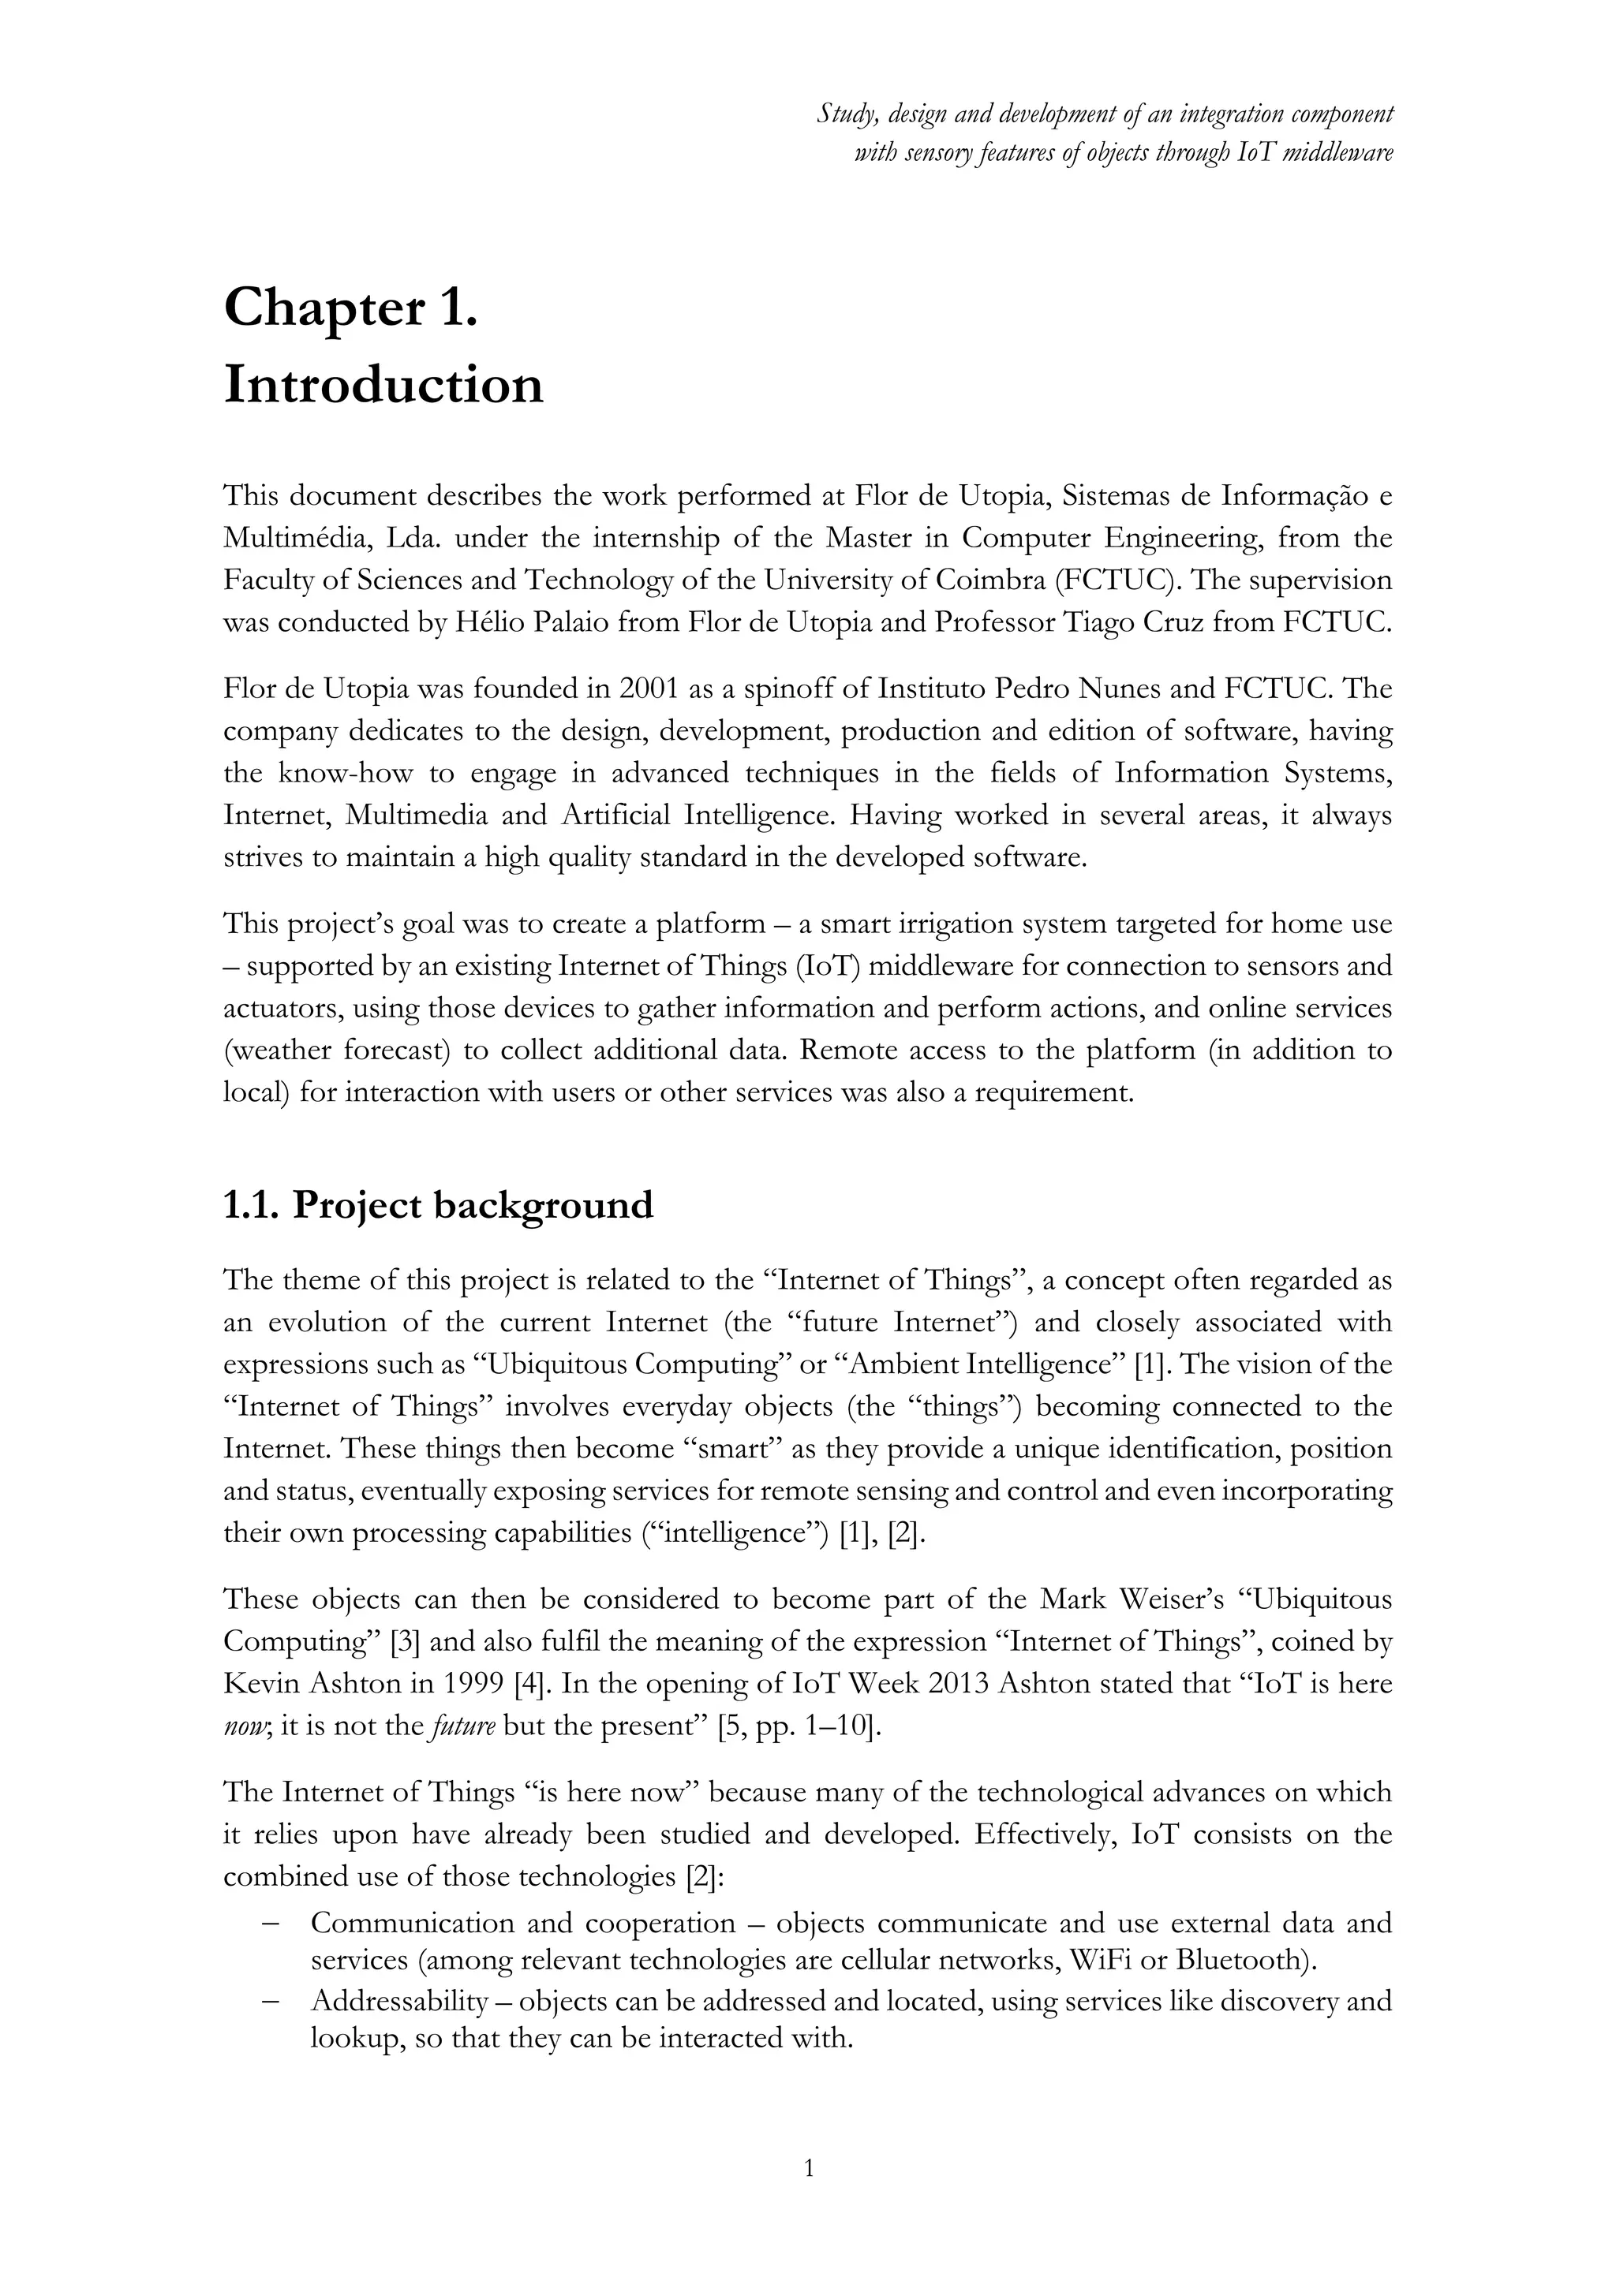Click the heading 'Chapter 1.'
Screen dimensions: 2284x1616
pyautogui.click(x=350, y=308)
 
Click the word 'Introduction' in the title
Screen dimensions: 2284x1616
pyautogui.click(x=384, y=386)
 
